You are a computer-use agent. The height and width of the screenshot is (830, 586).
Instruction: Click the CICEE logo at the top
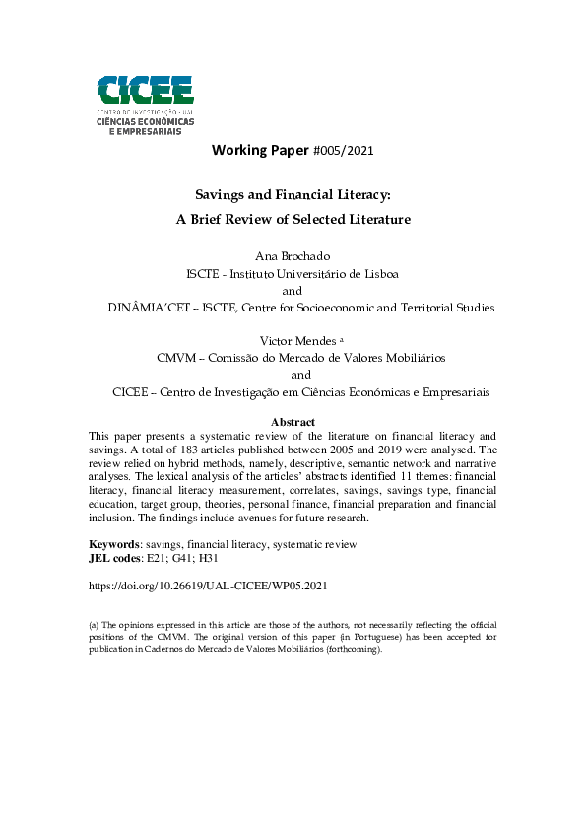point(145,104)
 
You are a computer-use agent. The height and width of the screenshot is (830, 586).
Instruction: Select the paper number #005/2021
point(342,151)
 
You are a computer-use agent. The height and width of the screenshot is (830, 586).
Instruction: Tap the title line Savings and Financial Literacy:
point(293,196)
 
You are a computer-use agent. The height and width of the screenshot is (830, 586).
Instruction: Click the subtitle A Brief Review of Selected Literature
point(293,219)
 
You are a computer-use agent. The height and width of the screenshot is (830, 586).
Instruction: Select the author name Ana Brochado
point(293,256)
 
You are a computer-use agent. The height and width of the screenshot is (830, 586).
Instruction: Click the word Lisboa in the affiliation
point(378,273)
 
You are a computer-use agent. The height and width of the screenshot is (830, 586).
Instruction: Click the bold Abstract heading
point(293,422)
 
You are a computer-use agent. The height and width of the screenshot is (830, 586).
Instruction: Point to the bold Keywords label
point(114,544)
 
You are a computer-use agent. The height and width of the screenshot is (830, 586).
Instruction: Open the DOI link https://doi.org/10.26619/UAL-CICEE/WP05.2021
point(208,585)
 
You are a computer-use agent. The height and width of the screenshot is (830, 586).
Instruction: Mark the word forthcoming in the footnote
point(351,650)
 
